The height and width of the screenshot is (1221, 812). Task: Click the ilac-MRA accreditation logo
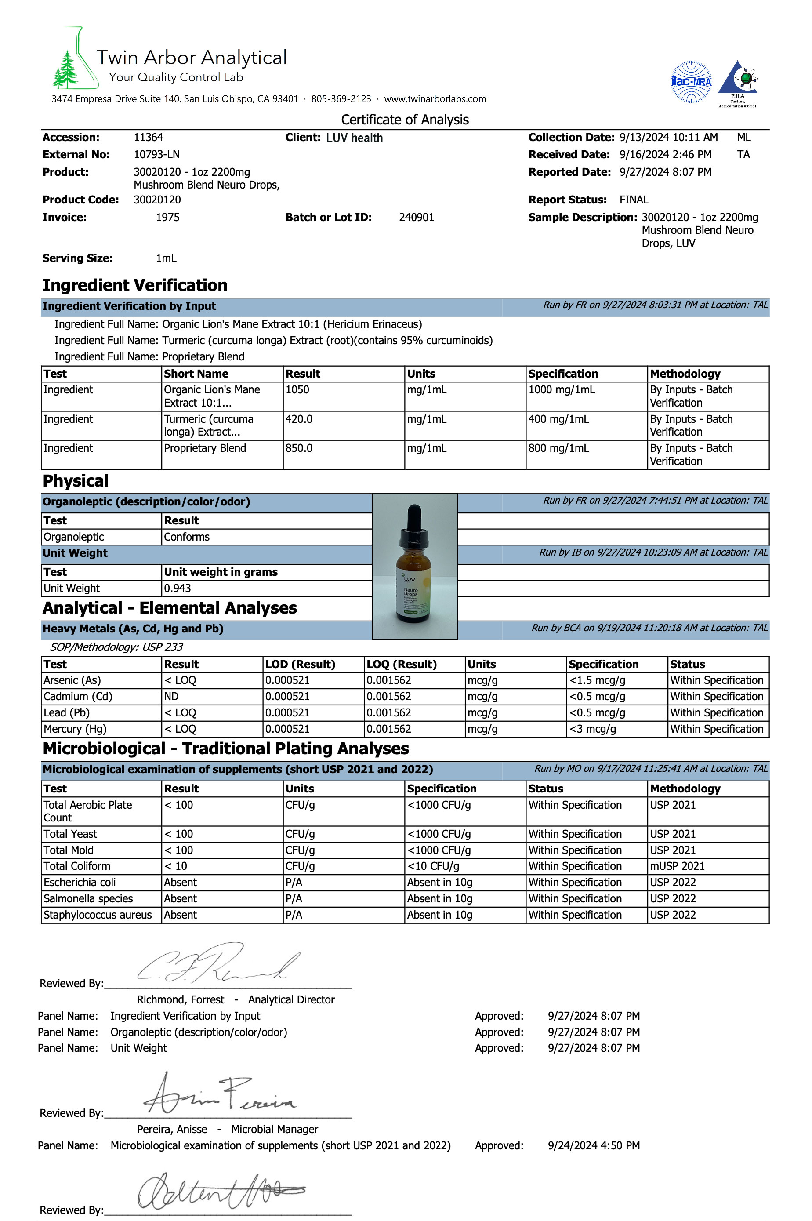[691, 82]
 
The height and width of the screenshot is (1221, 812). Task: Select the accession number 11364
[148, 137]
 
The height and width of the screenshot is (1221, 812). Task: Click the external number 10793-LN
[156, 154]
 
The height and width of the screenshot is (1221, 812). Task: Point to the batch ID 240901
[417, 218]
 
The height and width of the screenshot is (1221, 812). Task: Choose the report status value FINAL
[633, 200]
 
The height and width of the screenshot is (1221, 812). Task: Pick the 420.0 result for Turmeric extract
[299, 419]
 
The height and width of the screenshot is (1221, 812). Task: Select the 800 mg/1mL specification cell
[558, 448]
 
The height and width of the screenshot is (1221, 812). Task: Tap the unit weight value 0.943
[177, 588]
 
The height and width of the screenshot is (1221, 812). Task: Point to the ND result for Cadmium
[171, 696]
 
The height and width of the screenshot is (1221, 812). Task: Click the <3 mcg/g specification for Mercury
[592, 729]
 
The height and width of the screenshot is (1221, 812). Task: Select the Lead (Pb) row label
[66, 713]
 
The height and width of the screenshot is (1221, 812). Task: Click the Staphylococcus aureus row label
[98, 915]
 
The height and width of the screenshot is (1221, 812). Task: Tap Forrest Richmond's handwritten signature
[217, 965]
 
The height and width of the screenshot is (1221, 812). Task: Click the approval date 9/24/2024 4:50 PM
[594, 1145]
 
